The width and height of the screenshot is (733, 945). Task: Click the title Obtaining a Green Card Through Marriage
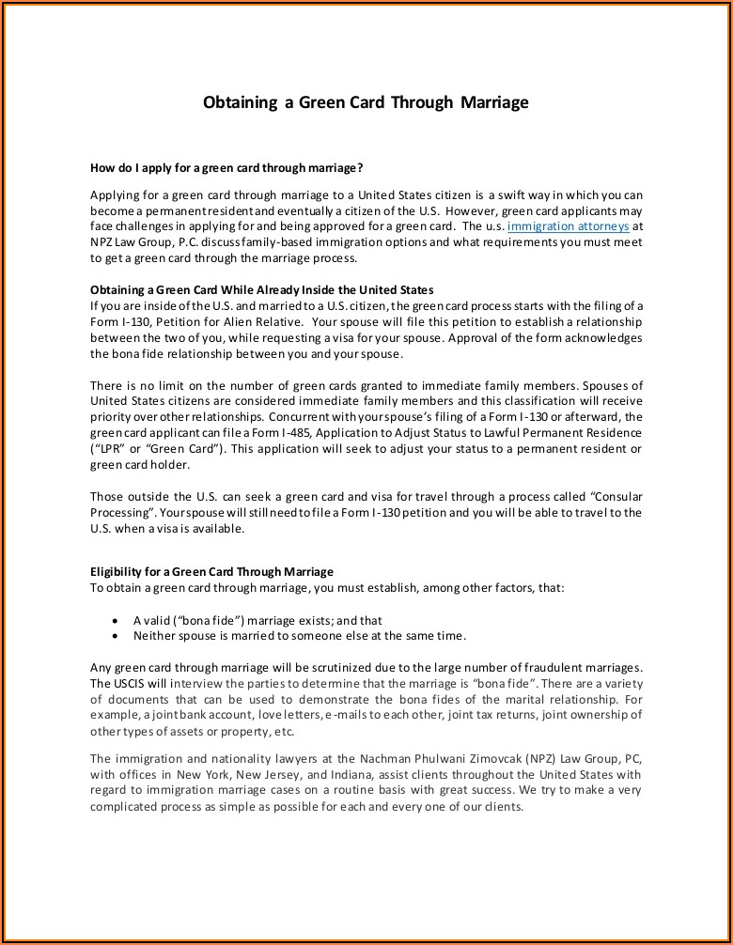click(366, 102)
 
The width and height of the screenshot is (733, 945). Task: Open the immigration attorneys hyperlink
click(568, 227)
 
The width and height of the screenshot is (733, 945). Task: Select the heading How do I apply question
click(226, 168)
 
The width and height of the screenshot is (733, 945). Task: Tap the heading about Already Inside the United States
click(261, 289)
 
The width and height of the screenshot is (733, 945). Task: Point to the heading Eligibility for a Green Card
click(211, 571)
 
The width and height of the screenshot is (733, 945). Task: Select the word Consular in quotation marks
click(615, 496)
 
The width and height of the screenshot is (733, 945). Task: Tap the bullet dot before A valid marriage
click(115, 621)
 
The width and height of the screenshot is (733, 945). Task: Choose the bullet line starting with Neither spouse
click(299, 636)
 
